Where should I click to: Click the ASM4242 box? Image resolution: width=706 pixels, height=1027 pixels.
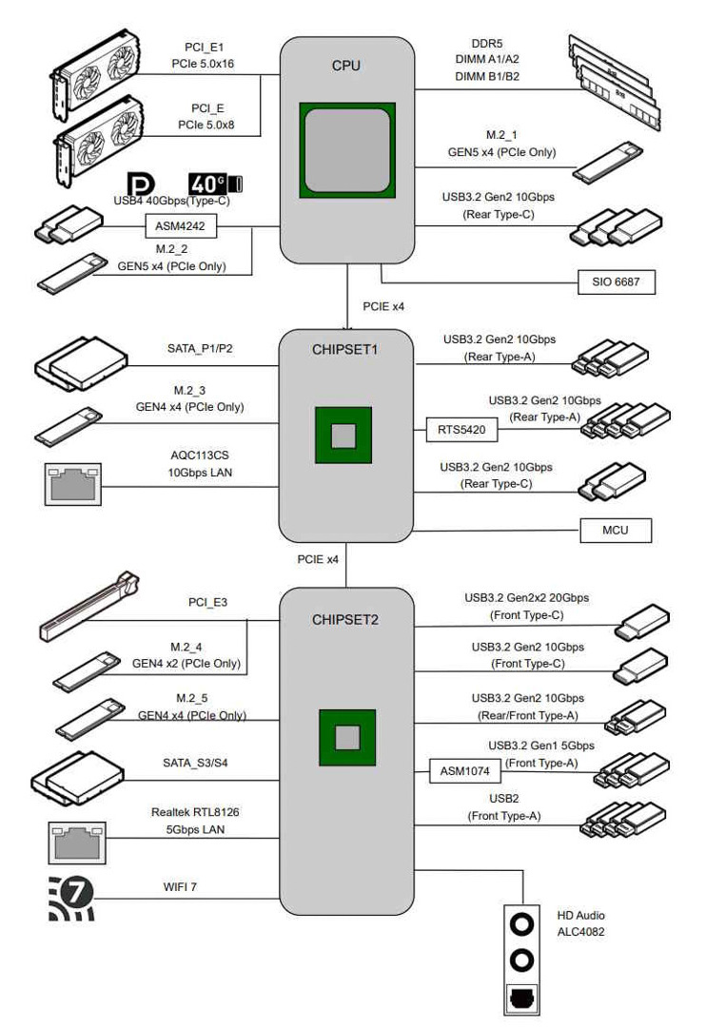tap(181, 227)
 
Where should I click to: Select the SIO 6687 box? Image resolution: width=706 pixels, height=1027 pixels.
tap(617, 282)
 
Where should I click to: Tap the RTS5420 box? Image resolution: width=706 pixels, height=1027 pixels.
tap(461, 429)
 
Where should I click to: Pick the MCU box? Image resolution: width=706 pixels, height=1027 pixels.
tap(617, 531)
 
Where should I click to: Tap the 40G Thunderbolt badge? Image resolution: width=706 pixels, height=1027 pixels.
tap(215, 184)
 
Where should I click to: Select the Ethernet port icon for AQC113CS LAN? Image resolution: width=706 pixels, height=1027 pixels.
tap(72, 484)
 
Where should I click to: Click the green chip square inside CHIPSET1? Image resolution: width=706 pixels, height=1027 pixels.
tap(343, 436)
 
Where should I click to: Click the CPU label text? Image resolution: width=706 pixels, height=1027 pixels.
tap(346, 66)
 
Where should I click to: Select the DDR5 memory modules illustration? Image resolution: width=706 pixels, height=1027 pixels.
tap(614, 82)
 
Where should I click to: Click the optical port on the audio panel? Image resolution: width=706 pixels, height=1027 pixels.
tap(521, 998)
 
